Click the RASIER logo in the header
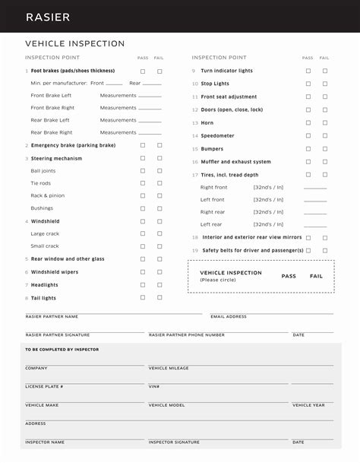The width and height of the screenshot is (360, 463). [48, 17]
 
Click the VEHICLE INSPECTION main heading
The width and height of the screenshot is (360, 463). [74, 44]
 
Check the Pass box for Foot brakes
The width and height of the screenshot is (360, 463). [143, 71]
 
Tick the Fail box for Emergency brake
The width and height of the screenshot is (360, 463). [159, 145]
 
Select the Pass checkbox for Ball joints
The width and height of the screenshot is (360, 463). [143, 171]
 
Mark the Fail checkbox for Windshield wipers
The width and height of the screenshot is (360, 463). [159, 271]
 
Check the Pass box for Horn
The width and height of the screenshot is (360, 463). [308, 122]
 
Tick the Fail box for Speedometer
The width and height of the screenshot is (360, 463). [325, 135]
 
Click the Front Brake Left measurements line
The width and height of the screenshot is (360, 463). [150, 97]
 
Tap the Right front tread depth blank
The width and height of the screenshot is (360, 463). [314, 188]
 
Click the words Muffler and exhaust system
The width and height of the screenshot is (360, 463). [235, 162]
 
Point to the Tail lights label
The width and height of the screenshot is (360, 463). [43, 298]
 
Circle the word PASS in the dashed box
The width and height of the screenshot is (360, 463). [289, 276]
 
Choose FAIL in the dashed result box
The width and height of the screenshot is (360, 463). [316, 276]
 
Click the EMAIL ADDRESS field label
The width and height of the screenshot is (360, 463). [229, 316]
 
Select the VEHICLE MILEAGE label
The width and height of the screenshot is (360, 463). [169, 368]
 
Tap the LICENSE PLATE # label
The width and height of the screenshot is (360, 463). [44, 386]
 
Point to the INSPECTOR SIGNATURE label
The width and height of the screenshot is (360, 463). [174, 442]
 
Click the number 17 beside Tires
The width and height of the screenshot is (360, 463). [194, 175]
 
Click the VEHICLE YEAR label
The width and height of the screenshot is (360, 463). [308, 405]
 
